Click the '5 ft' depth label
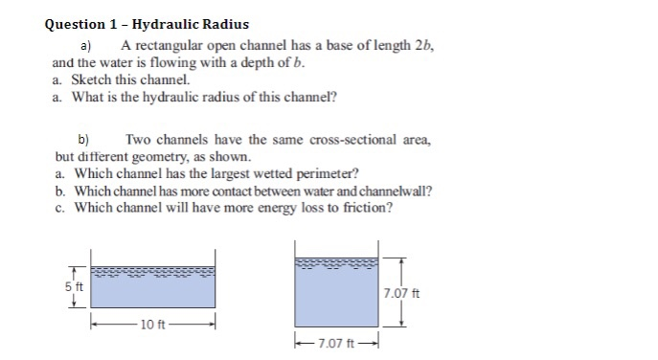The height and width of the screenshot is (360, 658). point(74,285)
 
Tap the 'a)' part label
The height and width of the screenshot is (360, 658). point(84,45)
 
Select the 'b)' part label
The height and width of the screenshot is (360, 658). point(83,139)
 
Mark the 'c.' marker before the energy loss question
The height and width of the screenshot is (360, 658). point(60,208)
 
